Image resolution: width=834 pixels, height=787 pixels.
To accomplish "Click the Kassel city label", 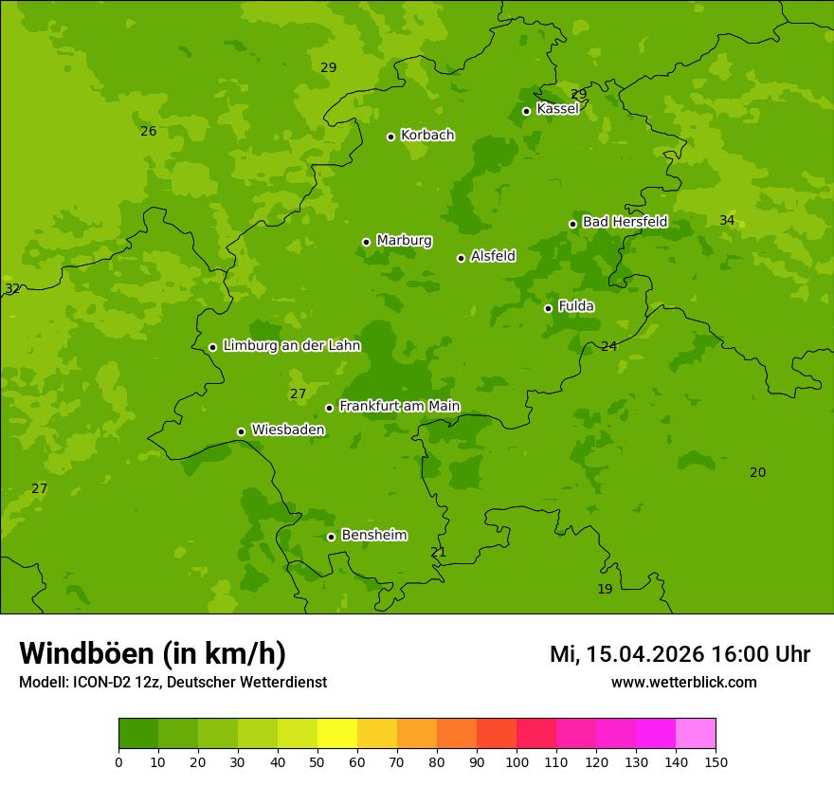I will [x=557, y=109].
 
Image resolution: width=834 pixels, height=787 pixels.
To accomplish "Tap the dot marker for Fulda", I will [x=548, y=308].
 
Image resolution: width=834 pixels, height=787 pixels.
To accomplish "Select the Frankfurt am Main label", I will [x=399, y=406].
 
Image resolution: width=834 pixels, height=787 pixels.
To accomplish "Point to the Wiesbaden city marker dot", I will [x=241, y=431].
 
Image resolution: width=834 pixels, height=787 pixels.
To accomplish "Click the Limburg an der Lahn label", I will [x=291, y=345].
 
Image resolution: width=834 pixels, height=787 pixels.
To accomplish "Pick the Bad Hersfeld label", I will [x=625, y=222].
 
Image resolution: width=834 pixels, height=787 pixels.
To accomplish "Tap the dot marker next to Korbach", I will [x=390, y=137].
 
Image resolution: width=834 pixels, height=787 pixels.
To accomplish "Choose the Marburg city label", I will [x=404, y=240].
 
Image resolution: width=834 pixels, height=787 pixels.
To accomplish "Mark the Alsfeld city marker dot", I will [x=461, y=258].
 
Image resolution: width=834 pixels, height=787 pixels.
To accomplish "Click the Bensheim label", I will [x=373, y=535].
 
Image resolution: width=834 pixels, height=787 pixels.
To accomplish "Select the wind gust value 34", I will [x=727, y=220].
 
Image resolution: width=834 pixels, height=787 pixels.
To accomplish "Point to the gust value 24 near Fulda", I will [x=608, y=346].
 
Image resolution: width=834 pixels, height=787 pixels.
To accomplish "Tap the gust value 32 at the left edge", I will [x=11, y=288].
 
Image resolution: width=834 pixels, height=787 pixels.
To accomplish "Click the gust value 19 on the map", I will [x=605, y=589].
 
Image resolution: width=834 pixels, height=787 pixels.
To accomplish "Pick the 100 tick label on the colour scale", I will [x=517, y=761].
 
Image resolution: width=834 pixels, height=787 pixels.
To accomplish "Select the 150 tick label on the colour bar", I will [x=716, y=761].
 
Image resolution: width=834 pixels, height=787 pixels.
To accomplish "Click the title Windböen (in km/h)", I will [x=153, y=653].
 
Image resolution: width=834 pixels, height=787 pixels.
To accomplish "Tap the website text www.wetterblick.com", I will [x=683, y=682].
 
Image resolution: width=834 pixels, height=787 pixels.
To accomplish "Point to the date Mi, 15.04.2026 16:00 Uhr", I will [x=680, y=654].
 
